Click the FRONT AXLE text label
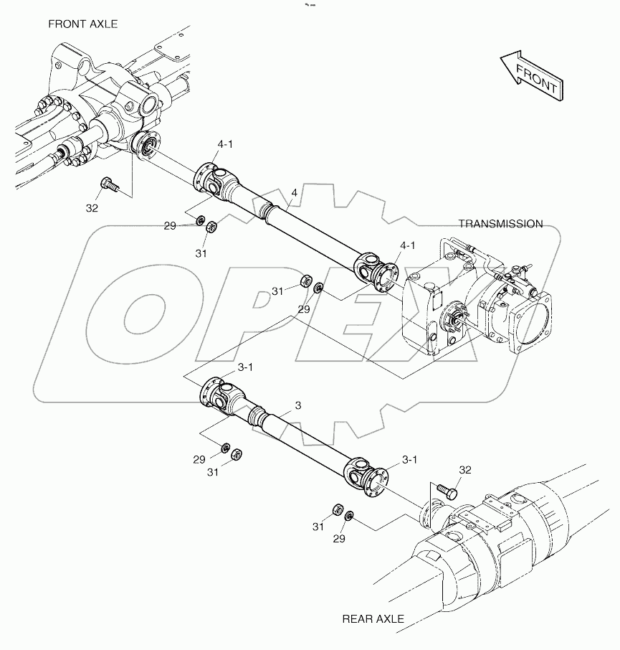[x=82, y=24]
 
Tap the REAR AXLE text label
[x=373, y=618]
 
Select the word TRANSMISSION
[x=500, y=224]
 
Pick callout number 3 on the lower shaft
[x=297, y=405]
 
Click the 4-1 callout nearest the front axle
[x=225, y=144]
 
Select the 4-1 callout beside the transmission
[x=408, y=245]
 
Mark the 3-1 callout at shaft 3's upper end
[x=245, y=367]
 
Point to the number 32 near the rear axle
[x=465, y=470]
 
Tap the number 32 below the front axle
[x=92, y=209]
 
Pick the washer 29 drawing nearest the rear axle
[x=349, y=516]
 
